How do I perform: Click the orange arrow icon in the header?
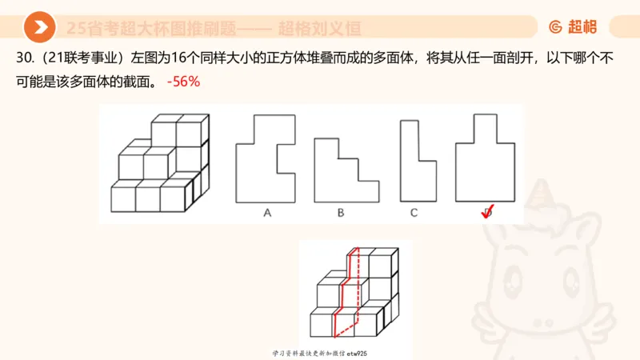38,28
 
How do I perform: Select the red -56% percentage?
183,82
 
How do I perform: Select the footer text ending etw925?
319,353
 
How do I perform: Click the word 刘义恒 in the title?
334,28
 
